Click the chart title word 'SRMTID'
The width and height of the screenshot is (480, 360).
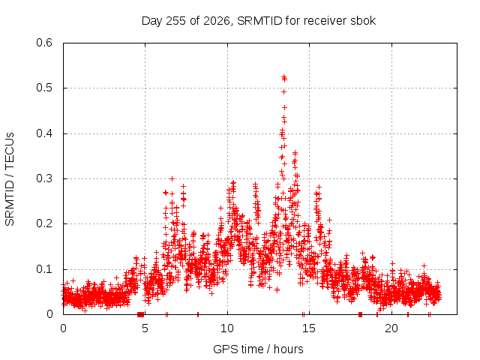pos(259,21)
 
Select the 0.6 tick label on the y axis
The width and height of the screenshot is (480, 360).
pos(44,43)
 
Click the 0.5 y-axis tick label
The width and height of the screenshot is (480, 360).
pos(44,88)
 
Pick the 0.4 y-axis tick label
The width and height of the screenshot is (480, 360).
pos(44,133)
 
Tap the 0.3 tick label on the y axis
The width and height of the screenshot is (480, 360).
pos(44,178)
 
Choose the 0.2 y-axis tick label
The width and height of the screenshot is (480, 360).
pos(44,223)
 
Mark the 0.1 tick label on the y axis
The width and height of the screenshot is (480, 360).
pos(44,269)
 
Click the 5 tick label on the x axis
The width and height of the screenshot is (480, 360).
pos(145,328)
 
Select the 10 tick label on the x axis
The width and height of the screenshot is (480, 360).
pos(227,328)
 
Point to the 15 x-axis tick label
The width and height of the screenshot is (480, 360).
pos(309,328)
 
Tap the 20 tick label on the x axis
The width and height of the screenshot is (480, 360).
pos(391,328)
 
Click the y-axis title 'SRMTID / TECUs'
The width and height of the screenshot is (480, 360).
pos(10,179)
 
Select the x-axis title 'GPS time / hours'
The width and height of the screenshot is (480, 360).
pos(258,349)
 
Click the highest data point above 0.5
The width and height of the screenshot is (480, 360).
pos(283,76)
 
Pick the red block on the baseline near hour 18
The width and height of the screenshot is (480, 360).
pos(360,314)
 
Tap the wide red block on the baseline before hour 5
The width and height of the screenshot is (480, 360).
pos(140,314)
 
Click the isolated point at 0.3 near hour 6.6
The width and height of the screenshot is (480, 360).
pos(172,178)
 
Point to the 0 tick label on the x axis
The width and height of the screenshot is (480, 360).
pos(63,328)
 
